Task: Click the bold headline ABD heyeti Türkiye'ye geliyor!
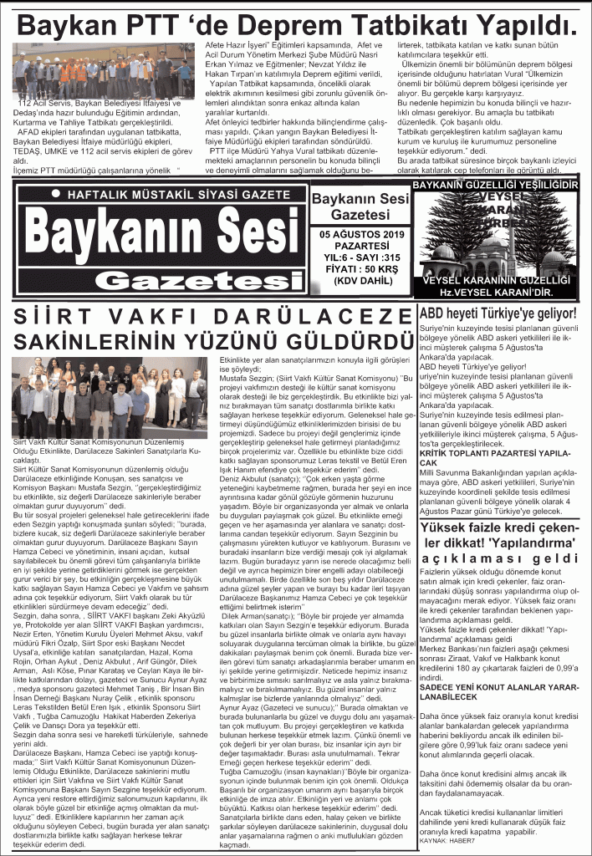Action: (x=499, y=314)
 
